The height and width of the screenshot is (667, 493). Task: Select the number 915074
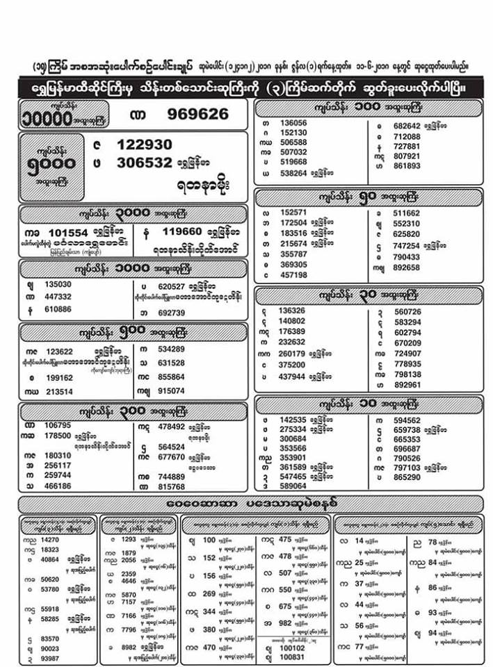point(171,390)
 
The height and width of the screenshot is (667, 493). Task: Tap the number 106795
point(58,425)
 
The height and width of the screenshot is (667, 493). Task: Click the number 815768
point(171,487)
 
